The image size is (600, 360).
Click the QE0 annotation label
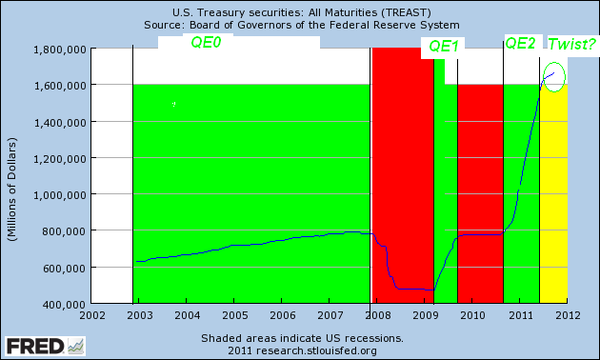[x=206, y=44]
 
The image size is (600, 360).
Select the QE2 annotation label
[x=520, y=44]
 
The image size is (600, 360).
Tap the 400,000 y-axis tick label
[x=67, y=304]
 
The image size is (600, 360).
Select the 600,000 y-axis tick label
[x=67, y=268]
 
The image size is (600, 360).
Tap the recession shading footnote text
[x=302, y=338]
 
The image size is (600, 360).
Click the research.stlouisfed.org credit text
[x=302, y=350]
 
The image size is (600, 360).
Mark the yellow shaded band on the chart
[x=553, y=210]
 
